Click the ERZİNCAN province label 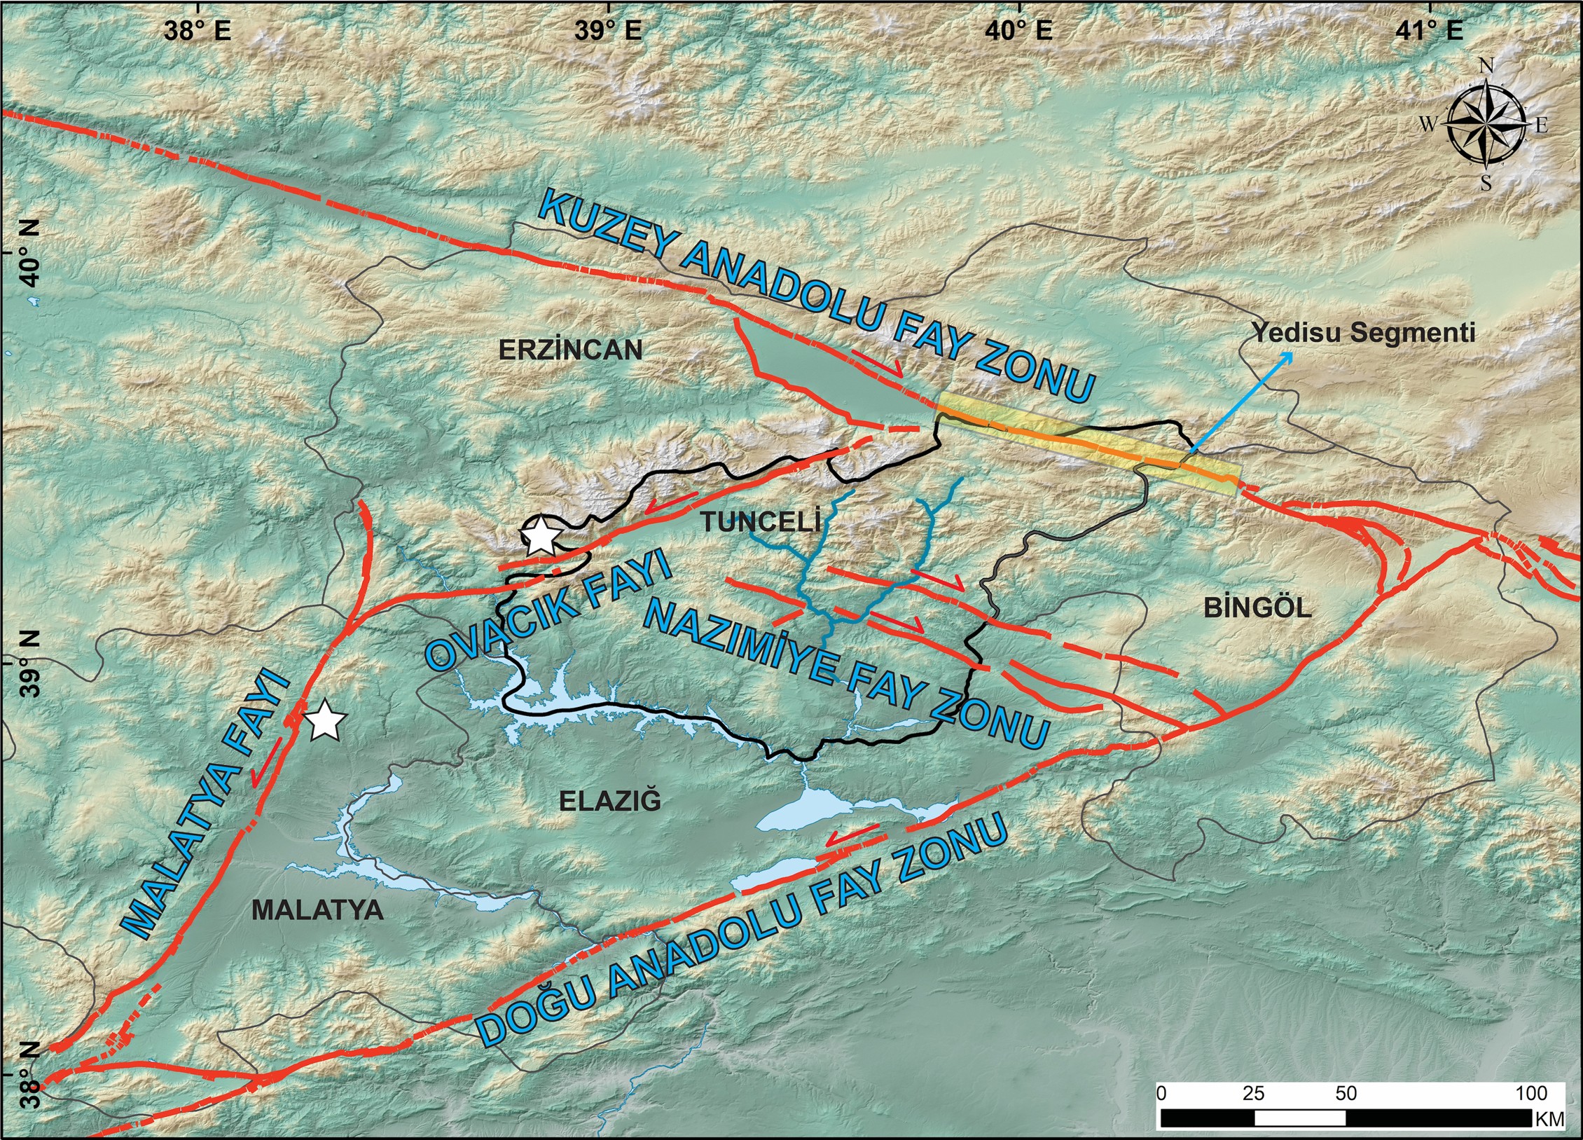(x=570, y=350)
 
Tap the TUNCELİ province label (x=760, y=521)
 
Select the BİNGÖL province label (x=1257, y=607)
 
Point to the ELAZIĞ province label (x=609, y=801)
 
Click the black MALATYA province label (x=317, y=910)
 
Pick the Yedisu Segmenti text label (x=1363, y=332)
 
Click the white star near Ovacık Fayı (x=541, y=537)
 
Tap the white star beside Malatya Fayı (x=325, y=721)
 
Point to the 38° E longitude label (x=198, y=30)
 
